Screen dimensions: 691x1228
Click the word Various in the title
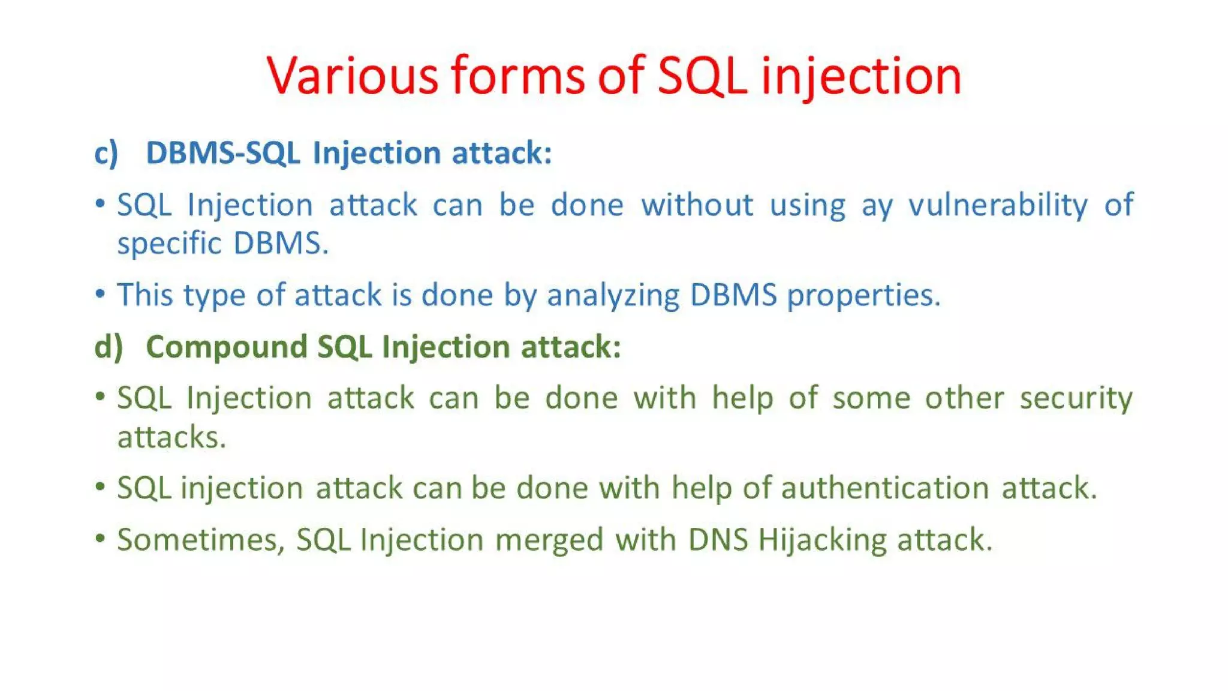(353, 76)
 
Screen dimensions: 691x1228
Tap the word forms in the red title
(517, 76)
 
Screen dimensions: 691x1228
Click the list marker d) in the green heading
(109, 347)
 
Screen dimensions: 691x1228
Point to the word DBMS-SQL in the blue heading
(222, 153)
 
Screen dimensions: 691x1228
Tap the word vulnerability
(998, 206)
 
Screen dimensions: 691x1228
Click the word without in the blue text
(697, 205)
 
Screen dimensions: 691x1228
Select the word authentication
(884, 488)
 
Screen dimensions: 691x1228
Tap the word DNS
(718, 539)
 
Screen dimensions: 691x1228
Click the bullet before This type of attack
(100, 294)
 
